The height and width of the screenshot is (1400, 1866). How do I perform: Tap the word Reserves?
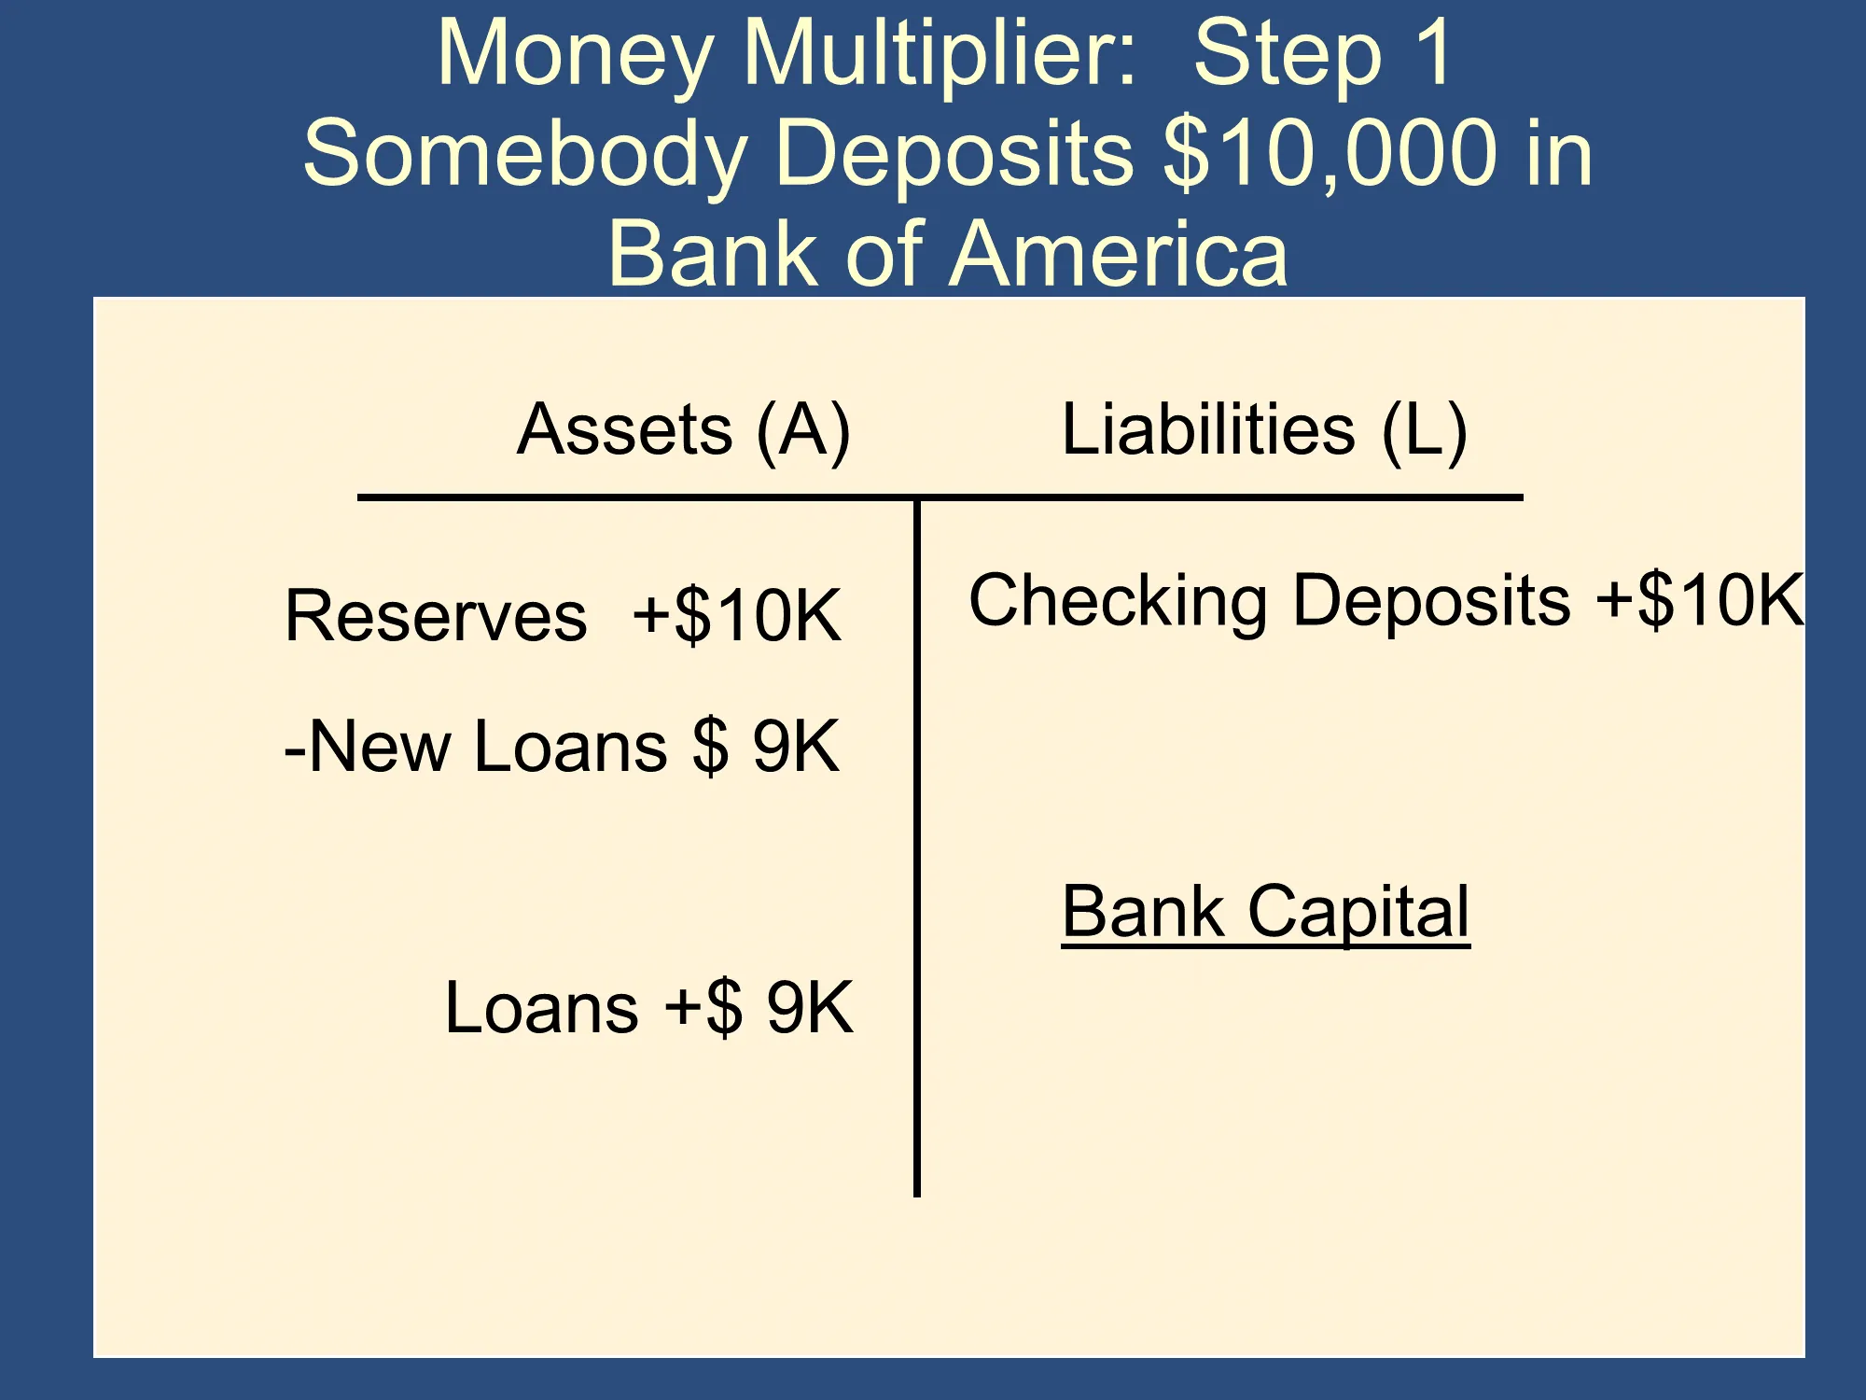click(437, 616)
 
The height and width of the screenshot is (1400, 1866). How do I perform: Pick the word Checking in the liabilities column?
click(1119, 602)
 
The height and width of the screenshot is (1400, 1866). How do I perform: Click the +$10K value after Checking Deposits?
click(1700, 600)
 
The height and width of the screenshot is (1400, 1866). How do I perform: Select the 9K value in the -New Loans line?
click(796, 747)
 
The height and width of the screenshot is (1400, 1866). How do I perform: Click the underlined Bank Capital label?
click(1266, 913)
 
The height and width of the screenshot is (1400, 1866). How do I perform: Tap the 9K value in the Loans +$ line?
click(810, 1008)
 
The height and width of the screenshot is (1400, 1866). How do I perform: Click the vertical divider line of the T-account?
click(917, 847)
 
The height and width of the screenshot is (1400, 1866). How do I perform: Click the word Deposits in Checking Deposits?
click(1432, 602)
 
